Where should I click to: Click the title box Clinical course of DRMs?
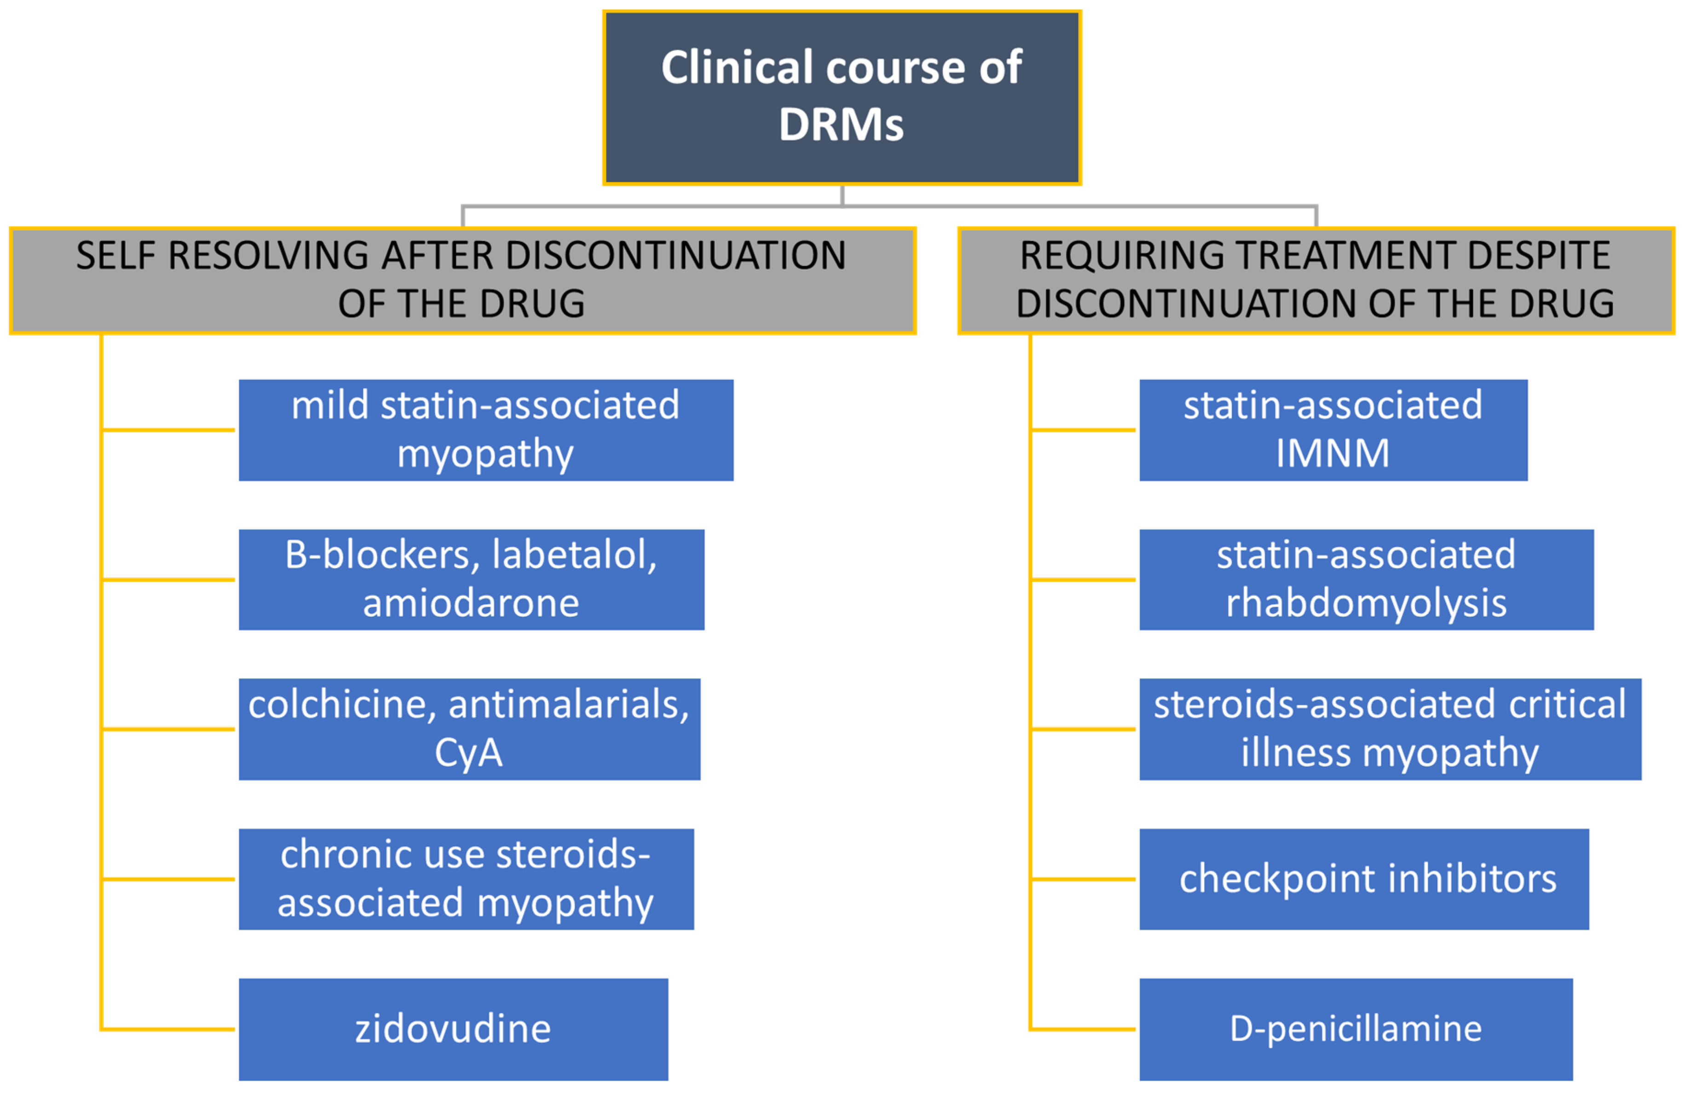(842, 98)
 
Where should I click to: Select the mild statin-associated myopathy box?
(486, 430)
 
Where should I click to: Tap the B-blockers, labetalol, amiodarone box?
(472, 579)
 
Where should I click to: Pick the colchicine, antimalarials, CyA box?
(469, 729)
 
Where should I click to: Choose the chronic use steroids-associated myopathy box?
(466, 879)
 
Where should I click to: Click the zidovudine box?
(453, 1029)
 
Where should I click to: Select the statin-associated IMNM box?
(1333, 430)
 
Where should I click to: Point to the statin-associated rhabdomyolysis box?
(1367, 579)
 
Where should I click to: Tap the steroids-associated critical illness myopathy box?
(1390, 729)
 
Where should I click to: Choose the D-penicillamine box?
(1356, 1029)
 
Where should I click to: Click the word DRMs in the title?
(841, 125)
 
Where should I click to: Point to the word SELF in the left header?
(115, 256)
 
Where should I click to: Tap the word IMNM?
(1333, 453)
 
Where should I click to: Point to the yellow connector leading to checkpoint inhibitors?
(1083, 879)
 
